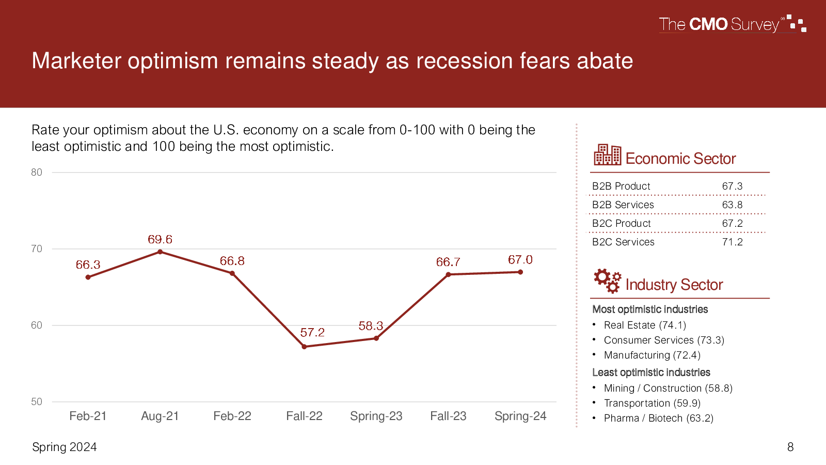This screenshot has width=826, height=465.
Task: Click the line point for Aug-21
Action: (x=160, y=252)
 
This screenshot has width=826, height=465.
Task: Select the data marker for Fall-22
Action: (x=304, y=347)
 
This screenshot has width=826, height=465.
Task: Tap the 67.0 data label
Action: (x=520, y=260)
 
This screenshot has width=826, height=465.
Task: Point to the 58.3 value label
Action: (x=371, y=326)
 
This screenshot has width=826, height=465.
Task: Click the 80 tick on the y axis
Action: (x=37, y=173)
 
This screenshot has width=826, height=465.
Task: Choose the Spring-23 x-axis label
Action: (x=376, y=416)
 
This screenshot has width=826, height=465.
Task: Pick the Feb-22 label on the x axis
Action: (x=232, y=416)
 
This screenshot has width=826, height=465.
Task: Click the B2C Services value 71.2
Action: (x=733, y=242)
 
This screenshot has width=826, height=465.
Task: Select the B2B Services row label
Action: (x=623, y=205)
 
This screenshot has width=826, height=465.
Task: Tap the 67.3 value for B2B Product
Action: (x=733, y=186)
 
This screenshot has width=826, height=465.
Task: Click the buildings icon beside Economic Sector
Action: (x=607, y=154)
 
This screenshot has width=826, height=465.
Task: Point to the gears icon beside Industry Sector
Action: (x=607, y=281)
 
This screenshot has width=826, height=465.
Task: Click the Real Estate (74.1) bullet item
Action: (x=645, y=325)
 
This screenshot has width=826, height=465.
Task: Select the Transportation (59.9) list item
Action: (x=652, y=403)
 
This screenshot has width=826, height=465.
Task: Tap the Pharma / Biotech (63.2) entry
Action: (x=659, y=418)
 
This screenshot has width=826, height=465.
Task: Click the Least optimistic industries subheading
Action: (x=651, y=373)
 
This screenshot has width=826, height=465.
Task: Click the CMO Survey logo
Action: (x=733, y=24)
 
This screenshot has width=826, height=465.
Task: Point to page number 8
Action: (x=790, y=447)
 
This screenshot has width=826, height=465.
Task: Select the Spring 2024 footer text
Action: (x=65, y=447)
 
